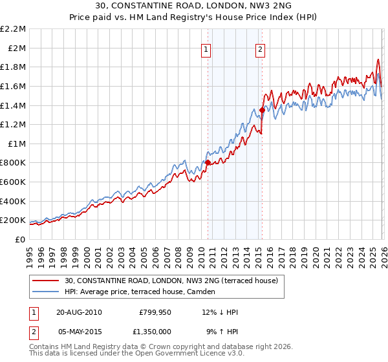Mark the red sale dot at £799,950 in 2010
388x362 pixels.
pos(208,162)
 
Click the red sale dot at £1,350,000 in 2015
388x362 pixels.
pos(262,110)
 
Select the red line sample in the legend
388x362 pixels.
pos(45,281)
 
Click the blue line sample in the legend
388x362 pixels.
pos(45,292)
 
